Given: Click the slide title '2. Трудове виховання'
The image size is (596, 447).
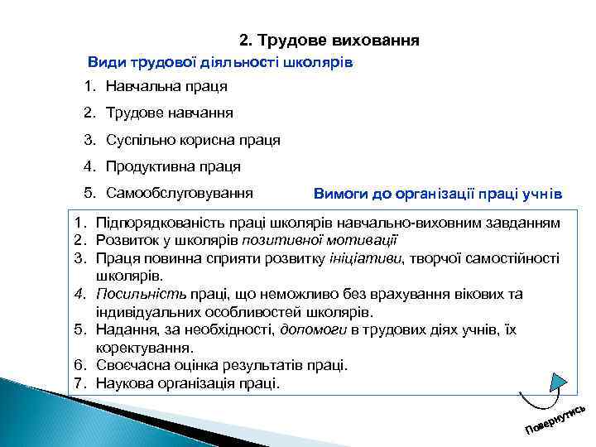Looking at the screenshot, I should click(x=329, y=40).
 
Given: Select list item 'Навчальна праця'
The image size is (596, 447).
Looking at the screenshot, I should click(x=166, y=86).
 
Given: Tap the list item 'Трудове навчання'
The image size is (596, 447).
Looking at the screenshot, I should click(x=169, y=113).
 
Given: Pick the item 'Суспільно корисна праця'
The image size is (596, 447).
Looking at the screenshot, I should click(x=193, y=140).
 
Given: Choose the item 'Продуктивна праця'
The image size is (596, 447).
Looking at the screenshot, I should click(x=173, y=166).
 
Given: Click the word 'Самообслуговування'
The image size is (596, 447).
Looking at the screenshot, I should click(x=179, y=194).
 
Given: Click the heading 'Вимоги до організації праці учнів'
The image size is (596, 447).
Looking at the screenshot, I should click(x=438, y=195).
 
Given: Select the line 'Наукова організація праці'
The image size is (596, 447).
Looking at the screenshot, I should click(x=188, y=383).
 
